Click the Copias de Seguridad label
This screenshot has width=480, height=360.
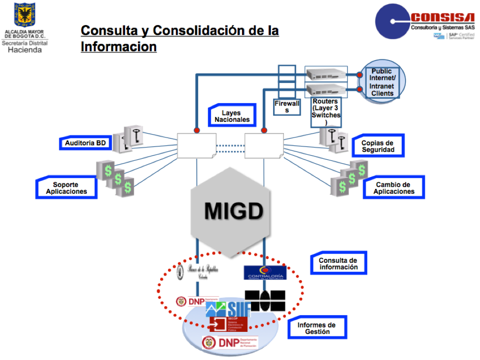377,146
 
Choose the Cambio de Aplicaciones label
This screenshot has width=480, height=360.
394,188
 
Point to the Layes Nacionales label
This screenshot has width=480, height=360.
232,116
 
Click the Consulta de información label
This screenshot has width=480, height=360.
338,264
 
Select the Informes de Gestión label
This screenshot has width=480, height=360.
316,328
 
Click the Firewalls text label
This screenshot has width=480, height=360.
286,107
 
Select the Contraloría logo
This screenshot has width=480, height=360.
265,273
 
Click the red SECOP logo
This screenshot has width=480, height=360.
228,324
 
